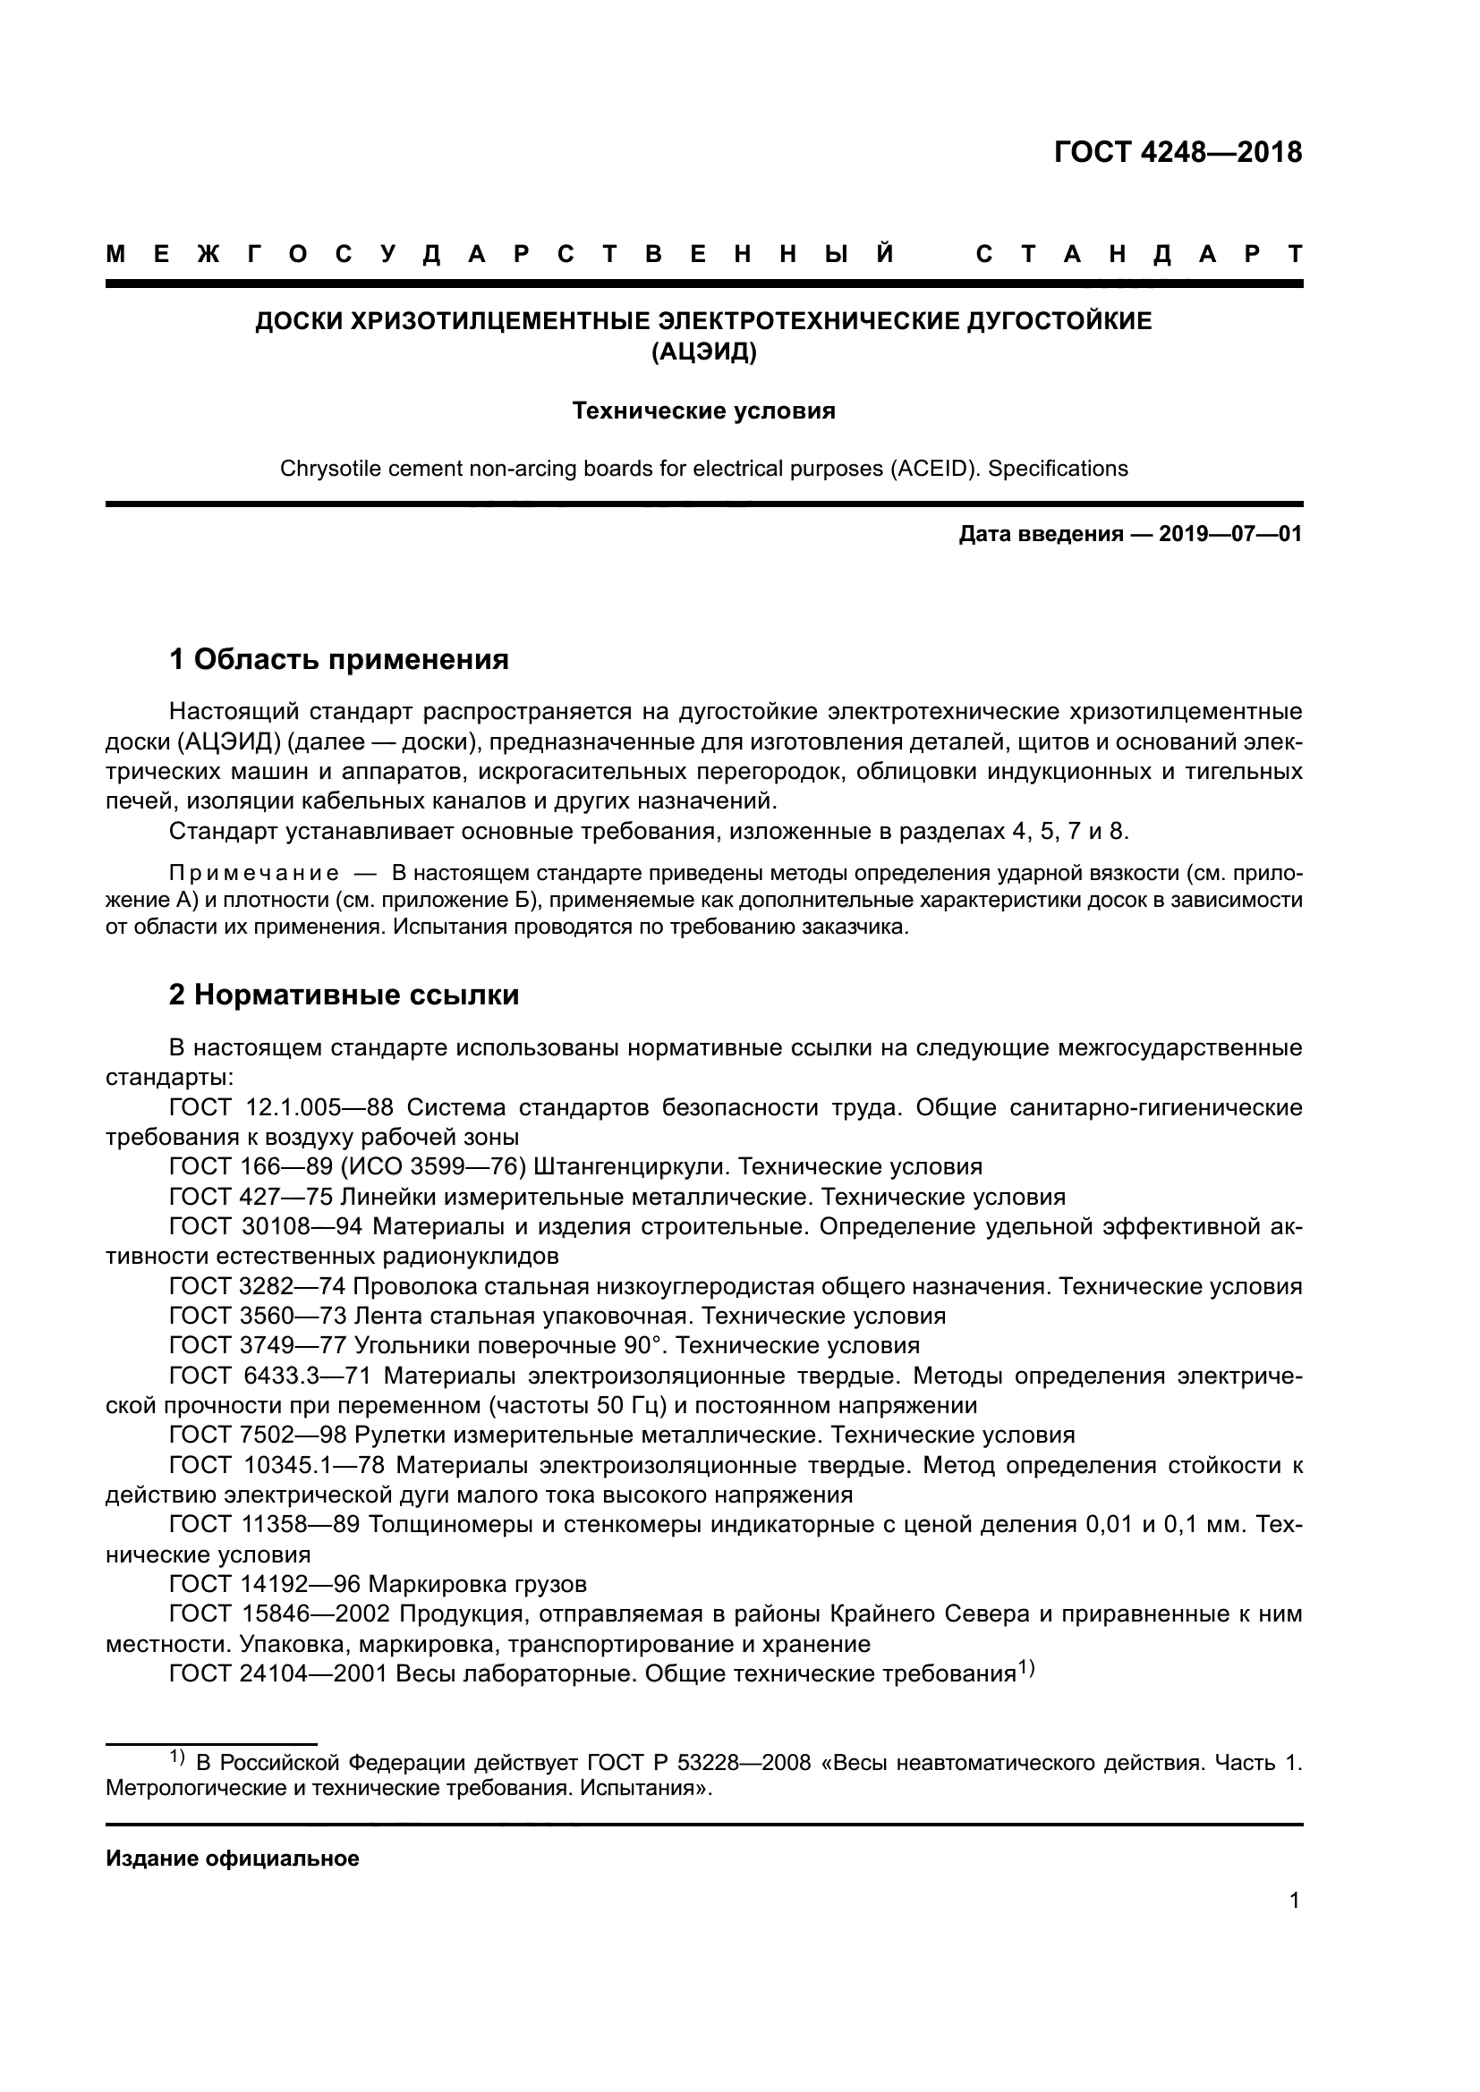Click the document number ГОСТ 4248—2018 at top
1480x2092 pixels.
tap(1178, 152)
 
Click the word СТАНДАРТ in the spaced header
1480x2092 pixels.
tap(1139, 255)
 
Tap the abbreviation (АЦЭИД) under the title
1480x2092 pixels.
tap(703, 351)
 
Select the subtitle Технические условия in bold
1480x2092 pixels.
tap(703, 411)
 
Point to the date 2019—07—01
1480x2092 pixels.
tap(1230, 534)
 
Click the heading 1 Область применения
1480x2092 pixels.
tap(339, 659)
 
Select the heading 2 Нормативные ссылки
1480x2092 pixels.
tap(344, 995)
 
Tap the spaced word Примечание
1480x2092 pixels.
tap(254, 874)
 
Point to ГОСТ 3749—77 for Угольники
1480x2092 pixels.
tap(258, 1345)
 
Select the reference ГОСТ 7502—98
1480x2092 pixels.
tap(258, 1435)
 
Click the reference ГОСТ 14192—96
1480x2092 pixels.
tap(265, 1584)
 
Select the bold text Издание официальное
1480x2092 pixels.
tap(233, 1859)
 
